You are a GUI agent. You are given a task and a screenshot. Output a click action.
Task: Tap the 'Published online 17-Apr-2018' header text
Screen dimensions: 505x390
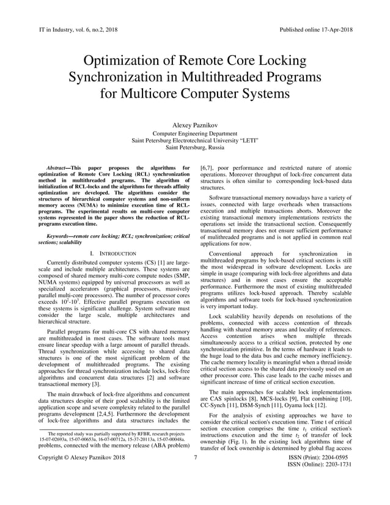[315, 29]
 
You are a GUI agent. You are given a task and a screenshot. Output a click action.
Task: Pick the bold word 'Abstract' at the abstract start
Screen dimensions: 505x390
[59, 167]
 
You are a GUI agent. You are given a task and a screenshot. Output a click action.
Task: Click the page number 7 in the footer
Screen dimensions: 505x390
[195, 474]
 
